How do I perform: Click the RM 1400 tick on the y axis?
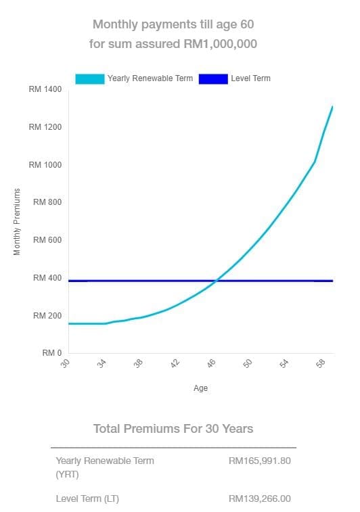click(x=46, y=89)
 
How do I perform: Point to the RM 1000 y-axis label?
click(x=46, y=165)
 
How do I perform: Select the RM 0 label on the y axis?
click(x=51, y=353)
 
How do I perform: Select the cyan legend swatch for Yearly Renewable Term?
click(x=90, y=78)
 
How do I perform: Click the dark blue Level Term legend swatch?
click(x=213, y=78)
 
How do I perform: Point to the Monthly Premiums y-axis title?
click(x=17, y=221)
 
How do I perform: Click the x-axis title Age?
click(x=200, y=388)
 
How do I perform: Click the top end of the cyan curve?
click(x=332, y=107)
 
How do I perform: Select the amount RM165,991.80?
click(x=260, y=461)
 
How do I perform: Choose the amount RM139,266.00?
click(x=260, y=498)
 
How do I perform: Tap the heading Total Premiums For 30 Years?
click(x=173, y=429)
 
